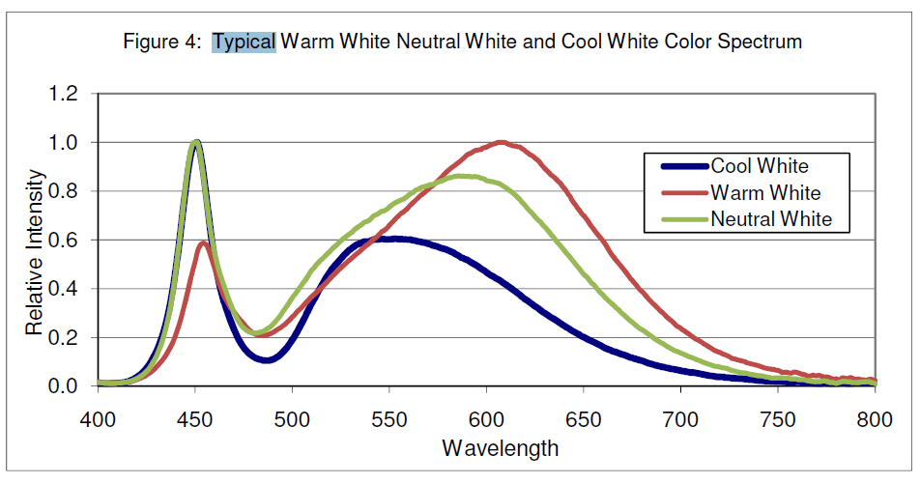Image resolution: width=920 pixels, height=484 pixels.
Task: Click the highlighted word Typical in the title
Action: point(244,43)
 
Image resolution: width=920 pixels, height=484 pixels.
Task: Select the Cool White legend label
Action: point(760,166)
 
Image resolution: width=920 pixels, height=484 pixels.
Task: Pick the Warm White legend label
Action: point(765,193)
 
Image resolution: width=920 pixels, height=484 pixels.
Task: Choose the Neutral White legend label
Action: point(771,219)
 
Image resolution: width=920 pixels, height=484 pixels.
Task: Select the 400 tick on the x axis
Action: point(97,421)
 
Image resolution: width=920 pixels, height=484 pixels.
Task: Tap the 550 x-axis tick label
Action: point(388,421)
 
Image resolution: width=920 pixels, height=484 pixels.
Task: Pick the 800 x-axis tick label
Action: point(874,421)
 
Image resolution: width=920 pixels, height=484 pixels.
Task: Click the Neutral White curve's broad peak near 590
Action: point(463,176)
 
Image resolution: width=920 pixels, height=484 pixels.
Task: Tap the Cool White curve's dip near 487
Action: point(268,360)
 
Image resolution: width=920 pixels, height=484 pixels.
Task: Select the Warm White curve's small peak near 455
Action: point(203,242)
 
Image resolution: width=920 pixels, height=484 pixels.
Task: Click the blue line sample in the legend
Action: point(683,166)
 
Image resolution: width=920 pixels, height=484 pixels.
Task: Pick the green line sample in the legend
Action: point(683,219)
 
